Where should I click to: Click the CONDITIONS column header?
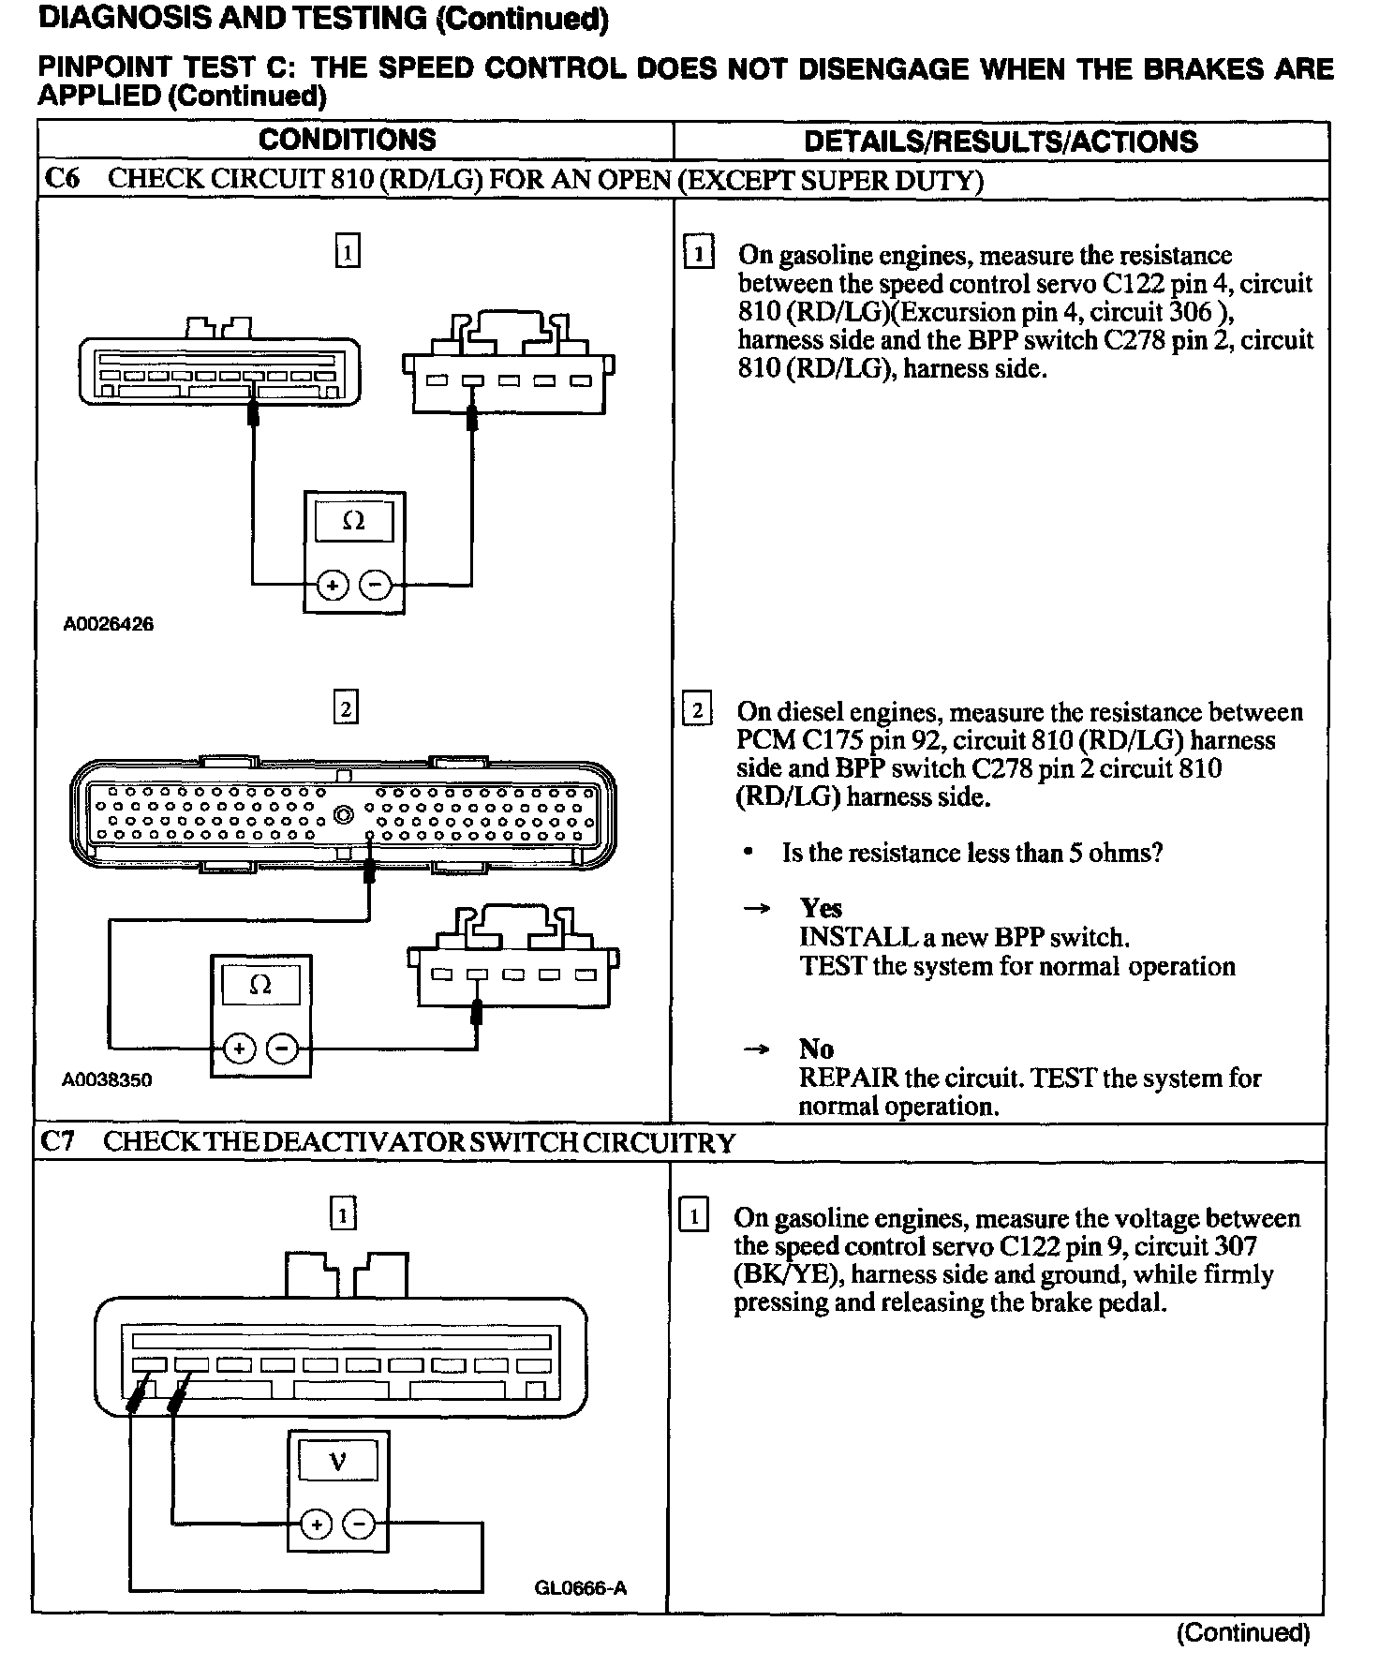348,141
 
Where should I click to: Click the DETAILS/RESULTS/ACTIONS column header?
1001,141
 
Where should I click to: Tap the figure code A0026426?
109,624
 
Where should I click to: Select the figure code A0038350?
107,1079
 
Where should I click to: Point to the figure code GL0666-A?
581,1588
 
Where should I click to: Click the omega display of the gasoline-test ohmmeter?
354,521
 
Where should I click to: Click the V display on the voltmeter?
338,1461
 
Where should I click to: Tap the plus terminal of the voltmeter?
317,1525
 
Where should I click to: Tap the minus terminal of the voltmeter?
359,1525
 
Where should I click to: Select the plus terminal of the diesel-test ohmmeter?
239,1049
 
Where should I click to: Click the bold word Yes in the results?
821,908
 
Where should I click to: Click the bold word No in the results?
816,1049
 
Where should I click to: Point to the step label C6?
62,179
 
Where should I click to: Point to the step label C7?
58,1142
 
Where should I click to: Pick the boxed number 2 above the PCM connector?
346,709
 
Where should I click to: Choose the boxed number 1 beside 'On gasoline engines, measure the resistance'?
699,254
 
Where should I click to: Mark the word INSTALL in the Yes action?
846,937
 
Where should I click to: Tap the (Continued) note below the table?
1242,1633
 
